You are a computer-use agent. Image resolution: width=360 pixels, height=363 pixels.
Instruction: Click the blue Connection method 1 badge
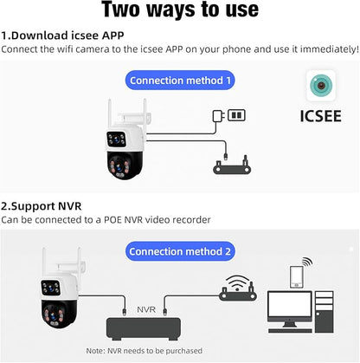click(x=180, y=81)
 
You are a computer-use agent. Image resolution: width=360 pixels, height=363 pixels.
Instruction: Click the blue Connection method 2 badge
click(x=180, y=251)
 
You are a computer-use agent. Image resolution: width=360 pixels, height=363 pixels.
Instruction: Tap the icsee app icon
click(x=321, y=86)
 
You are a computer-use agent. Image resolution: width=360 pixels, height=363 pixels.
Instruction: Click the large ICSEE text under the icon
click(x=321, y=116)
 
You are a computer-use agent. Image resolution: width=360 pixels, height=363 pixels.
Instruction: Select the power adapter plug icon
click(x=218, y=116)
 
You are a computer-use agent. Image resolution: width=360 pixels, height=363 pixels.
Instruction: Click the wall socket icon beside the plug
click(x=236, y=115)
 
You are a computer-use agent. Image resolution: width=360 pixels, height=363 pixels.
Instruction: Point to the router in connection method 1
click(x=232, y=166)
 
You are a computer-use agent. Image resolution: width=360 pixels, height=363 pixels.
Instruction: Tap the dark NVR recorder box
click(x=144, y=329)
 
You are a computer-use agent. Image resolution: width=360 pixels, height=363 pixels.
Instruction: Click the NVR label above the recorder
click(x=146, y=309)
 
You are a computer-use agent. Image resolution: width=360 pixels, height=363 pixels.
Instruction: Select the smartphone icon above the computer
click(x=297, y=277)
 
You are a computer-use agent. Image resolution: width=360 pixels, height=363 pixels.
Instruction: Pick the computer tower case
click(x=325, y=312)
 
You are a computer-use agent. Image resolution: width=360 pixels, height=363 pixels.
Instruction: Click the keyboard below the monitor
click(x=290, y=331)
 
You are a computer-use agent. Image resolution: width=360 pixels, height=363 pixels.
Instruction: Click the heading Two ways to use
click(x=180, y=10)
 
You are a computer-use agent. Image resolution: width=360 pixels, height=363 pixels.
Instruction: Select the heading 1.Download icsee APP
click(x=62, y=36)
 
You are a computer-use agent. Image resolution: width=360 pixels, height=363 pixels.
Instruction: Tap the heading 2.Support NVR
click(x=42, y=206)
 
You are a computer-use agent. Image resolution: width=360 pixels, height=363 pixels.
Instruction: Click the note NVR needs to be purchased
click(x=144, y=351)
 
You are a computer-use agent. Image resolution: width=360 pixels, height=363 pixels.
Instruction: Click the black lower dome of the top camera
click(x=125, y=165)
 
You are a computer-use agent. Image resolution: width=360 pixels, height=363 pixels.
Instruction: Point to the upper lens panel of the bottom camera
click(x=50, y=288)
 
